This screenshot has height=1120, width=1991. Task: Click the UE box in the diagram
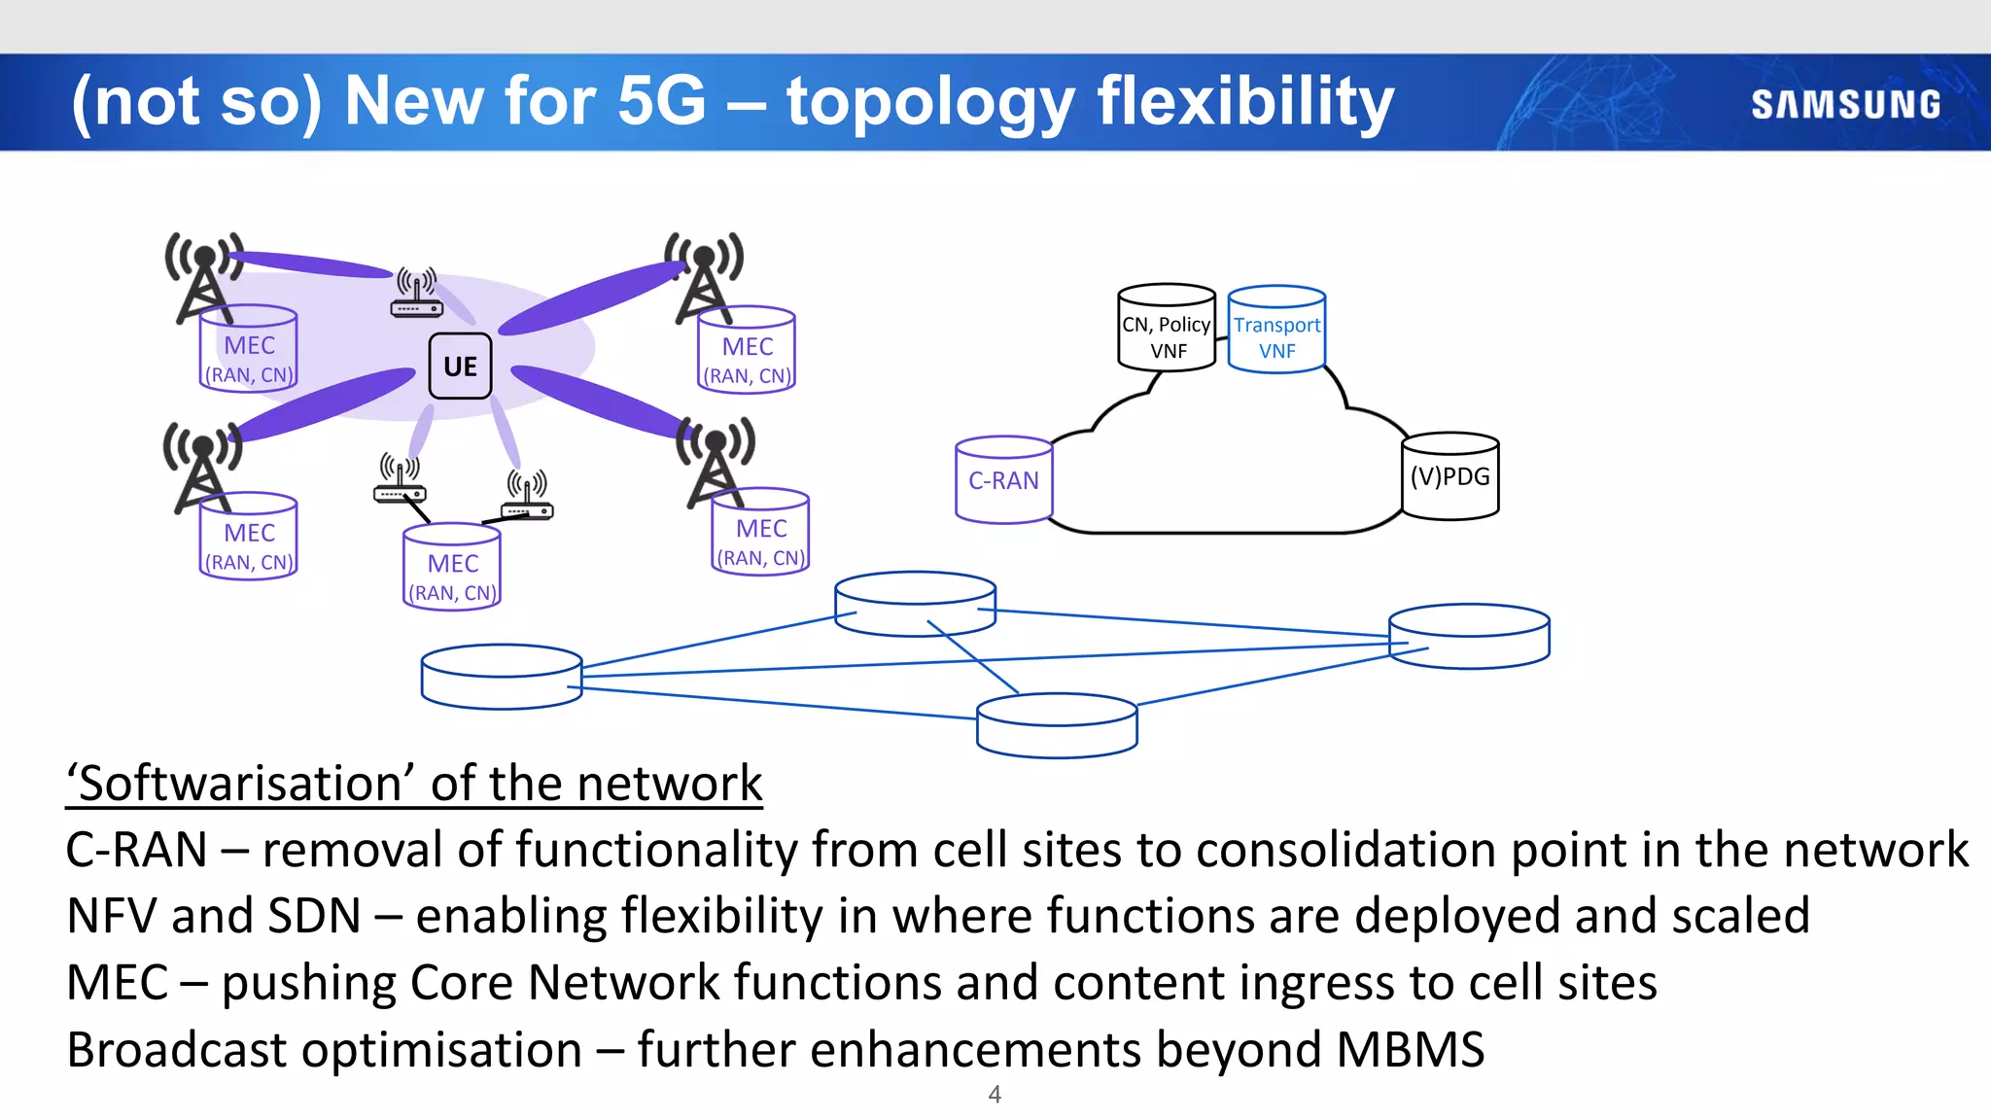460,367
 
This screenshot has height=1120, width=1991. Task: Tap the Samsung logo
1845,105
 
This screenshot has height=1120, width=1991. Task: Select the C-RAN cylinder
1003,480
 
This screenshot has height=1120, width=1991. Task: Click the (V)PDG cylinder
1450,476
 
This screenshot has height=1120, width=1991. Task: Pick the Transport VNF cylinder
1276,331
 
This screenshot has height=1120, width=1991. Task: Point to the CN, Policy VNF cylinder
1166,329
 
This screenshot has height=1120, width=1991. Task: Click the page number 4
995,1095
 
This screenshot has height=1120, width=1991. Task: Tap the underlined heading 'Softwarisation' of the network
414,784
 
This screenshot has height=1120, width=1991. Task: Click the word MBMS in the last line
1410,1050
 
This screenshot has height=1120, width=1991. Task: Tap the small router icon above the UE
416,294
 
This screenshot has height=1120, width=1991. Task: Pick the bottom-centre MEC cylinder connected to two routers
452,567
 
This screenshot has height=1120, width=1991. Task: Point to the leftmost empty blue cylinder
502,678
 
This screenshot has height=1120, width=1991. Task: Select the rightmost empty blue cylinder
1469,637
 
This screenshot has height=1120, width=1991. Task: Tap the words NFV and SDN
214,916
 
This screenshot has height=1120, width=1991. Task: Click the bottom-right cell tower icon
716,461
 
